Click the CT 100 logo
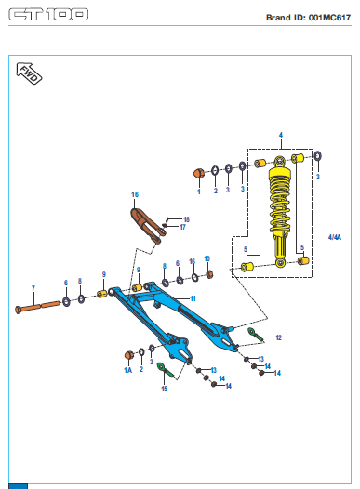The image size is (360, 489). click(x=48, y=14)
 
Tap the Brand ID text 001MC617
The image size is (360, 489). click(x=329, y=18)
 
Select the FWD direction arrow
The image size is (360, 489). click(x=29, y=73)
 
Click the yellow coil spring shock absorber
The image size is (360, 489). click(x=280, y=212)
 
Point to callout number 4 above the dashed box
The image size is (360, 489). click(x=281, y=135)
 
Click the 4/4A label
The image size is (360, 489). click(x=335, y=237)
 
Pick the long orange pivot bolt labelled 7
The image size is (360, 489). click(x=37, y=306)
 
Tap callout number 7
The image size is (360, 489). click(x=33, y=288)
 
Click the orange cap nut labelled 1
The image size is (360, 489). click(x=199, y=174)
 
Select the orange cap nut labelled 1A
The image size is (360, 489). click(x=129, y=355)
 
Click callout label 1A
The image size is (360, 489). click(x=127, y=370)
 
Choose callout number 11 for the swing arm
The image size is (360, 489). click(x=193, y=298)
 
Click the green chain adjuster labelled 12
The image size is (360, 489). click(x=256, y=334)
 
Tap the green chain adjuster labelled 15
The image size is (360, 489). click(x=165, y=369)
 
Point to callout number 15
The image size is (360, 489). click(x=164, y=389)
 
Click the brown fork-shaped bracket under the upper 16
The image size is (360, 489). click(x=146, y=226)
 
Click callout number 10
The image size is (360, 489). click(x=207, y=258)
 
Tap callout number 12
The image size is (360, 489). click(x=278, y=337)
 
